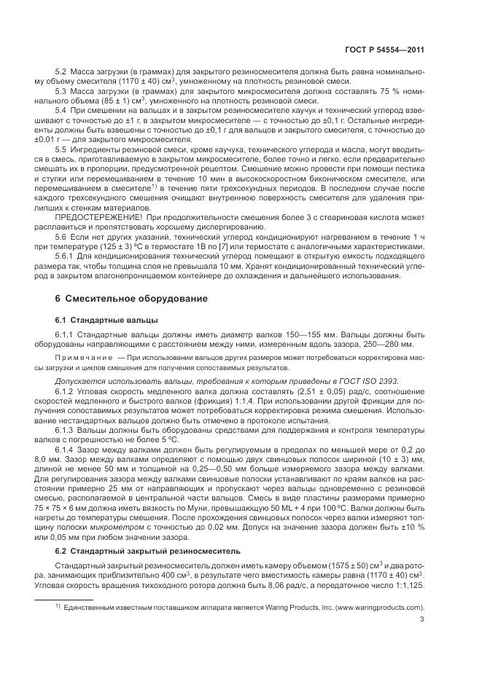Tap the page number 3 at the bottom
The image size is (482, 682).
click(x=422, y=620)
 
